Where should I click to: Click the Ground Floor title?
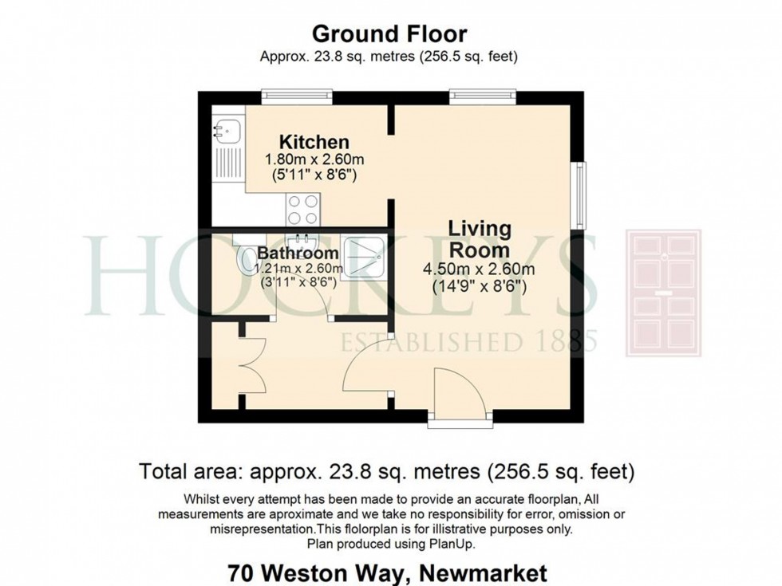click(389, 33)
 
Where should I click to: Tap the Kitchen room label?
click(314, 142)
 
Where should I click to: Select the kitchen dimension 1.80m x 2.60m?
click(314, 160)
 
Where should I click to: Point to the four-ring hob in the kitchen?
click(303, 209)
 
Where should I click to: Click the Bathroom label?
click(298, 253)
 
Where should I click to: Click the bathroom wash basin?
click(302, 242)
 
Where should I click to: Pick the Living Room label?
click(480, 238)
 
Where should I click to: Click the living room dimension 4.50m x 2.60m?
click(479, 269)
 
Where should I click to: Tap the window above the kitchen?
click(297, 96)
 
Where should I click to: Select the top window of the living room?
click(482, 96)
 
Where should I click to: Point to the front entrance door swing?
click(459, 391)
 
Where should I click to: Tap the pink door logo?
click(664, 293)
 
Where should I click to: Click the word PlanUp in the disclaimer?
click(452, 544)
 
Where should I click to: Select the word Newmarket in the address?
click(484, 574)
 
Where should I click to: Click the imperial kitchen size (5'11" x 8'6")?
click(314, 175)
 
